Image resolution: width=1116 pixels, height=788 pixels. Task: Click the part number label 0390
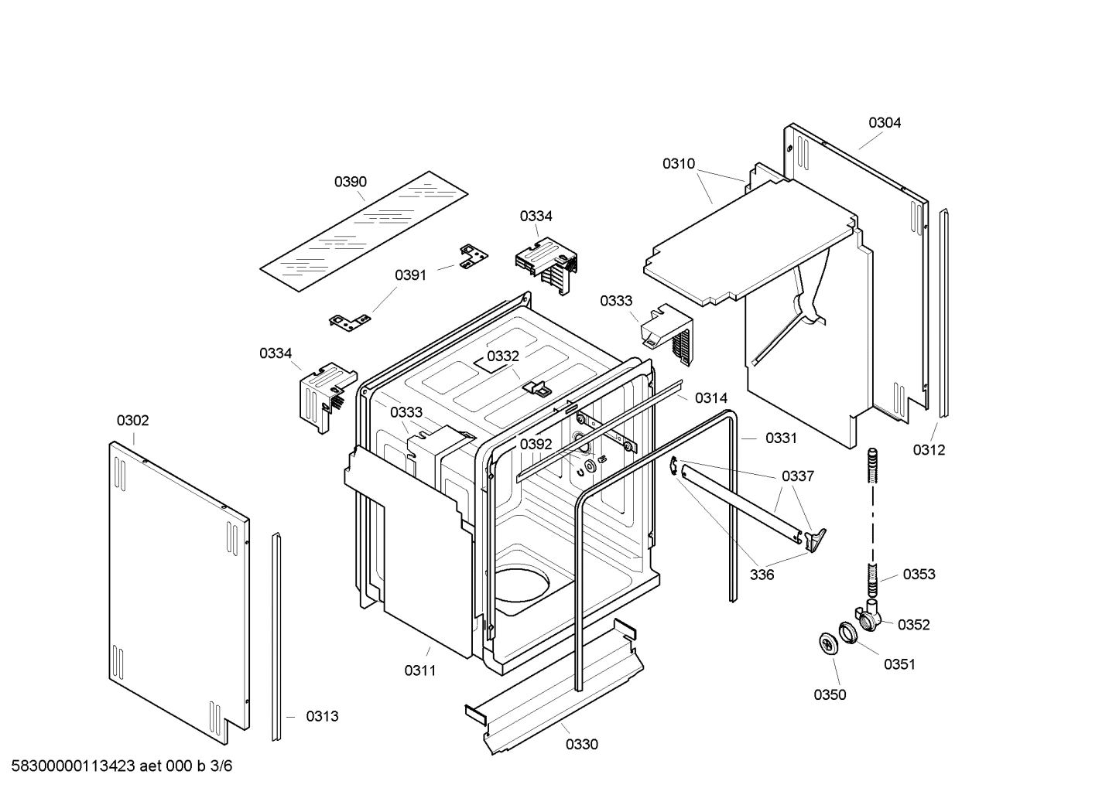[x=351, y=183]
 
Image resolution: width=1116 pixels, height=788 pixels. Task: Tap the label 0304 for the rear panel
[x=884, y=123]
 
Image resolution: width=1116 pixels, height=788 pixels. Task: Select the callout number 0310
[x=678, y=164]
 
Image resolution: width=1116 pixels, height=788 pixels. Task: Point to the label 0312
[x=928, y=450]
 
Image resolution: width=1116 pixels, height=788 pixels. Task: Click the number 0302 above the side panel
[x=132, y=421]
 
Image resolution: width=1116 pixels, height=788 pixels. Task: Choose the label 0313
[x=322, y=717]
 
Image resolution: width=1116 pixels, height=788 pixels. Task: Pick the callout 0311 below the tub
[x=419, y=671]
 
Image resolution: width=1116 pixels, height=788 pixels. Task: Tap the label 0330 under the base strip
[x=581, y=745]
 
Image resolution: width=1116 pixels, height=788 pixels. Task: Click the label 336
[x=762, y=575]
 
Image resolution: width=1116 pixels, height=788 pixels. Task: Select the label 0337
[x=797, y=476]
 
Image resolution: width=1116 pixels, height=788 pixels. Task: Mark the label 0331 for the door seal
[x=781, y=438]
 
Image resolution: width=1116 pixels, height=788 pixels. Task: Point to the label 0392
[x=536, y=445]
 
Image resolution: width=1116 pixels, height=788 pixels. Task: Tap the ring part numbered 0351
[x=848, y=633]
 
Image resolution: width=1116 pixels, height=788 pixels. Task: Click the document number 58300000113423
[x=73, y=767]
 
